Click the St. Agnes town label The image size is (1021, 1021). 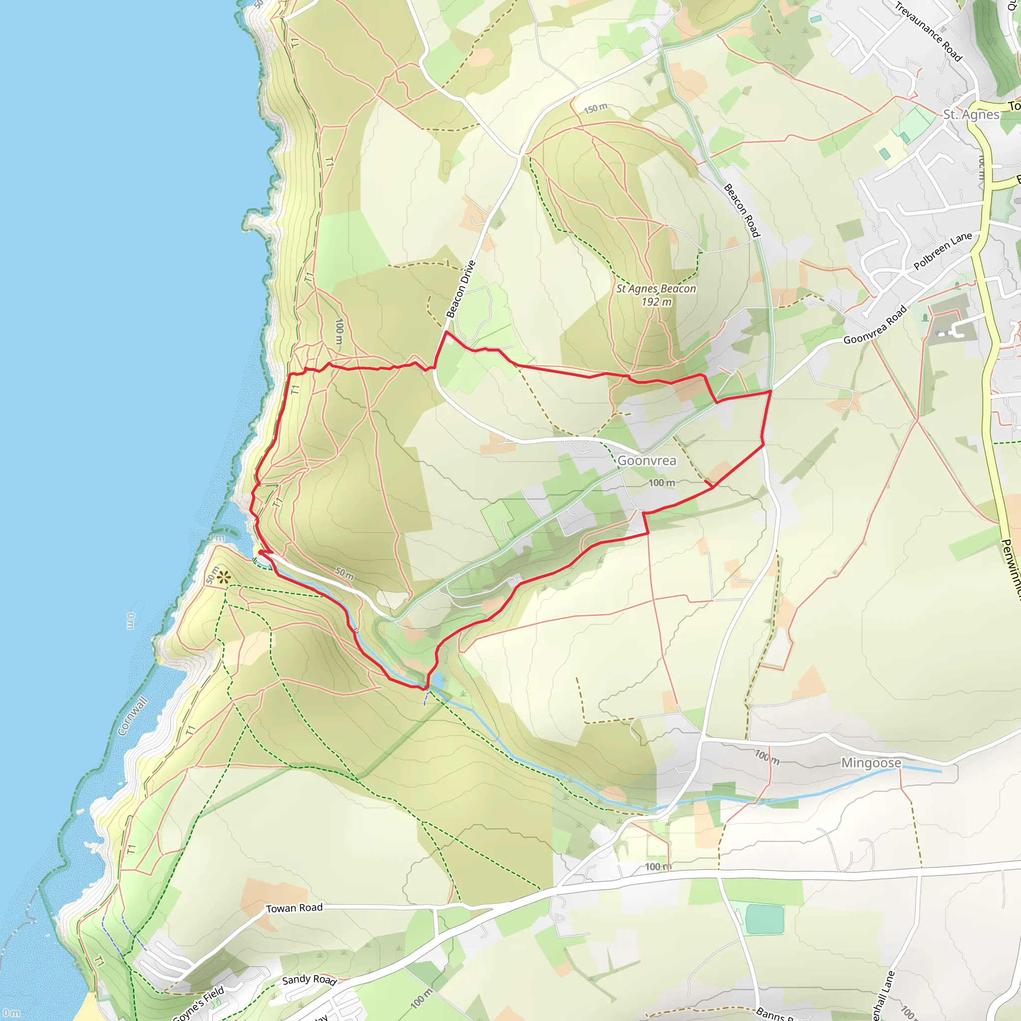[x=971, y=115]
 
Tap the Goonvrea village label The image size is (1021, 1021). [x=646, y=461]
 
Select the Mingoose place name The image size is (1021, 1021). [x=871, y=763]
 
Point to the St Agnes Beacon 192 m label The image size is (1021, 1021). [x=656, y=296]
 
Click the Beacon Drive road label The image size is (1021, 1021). [x=461, y=289]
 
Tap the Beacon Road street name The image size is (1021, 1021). [x=741, y=210]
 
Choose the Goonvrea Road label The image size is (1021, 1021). [x=874, y=325]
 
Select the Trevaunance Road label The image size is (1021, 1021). [x=927, y=31]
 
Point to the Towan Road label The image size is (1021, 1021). [x=294, y=908]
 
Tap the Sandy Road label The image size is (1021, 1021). [x=309, y=980]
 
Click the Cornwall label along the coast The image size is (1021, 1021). [x=132, y=716]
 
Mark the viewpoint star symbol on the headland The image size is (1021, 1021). [x=223, y=577]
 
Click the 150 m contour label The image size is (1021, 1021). [x=596, y=108]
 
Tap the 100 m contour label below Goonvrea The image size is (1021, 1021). [x=662, y=483]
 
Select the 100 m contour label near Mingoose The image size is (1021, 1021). [x=767, y=757]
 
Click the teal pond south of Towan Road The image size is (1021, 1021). [x=764, y=919]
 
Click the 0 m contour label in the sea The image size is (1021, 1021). [x=131, y=621]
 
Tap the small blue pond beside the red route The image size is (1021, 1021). [x=437, y=681]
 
